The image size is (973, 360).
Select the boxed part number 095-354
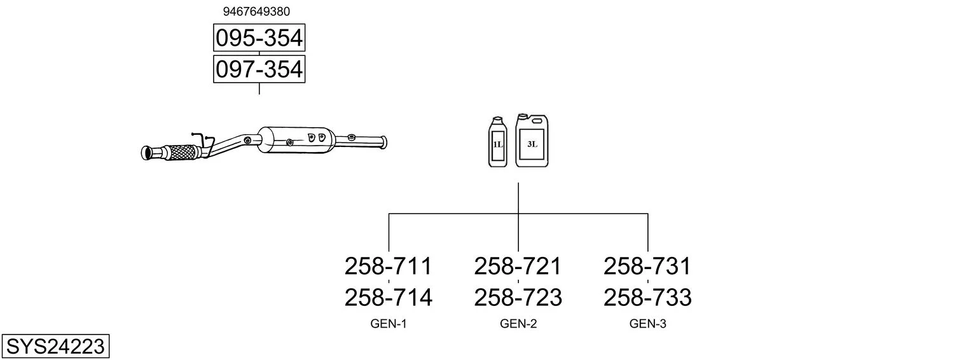[259, 39]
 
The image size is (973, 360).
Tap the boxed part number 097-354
[259, 69]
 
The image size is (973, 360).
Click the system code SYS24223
[55, 347]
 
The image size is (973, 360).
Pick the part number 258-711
[388, 266]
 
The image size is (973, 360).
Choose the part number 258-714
[388, 297]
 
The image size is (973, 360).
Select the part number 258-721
[518, 266]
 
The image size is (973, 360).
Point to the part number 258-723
[518, 297]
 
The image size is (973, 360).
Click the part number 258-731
[647, 266]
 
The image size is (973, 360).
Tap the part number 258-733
[647, 297]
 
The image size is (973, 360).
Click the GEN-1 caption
[388, 324]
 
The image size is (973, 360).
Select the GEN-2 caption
[518, 324]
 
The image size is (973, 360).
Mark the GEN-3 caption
[647, 324]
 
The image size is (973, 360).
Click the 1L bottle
[497, 143]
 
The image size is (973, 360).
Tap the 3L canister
[532, 142]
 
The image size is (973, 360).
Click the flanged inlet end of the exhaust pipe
[148, 153]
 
